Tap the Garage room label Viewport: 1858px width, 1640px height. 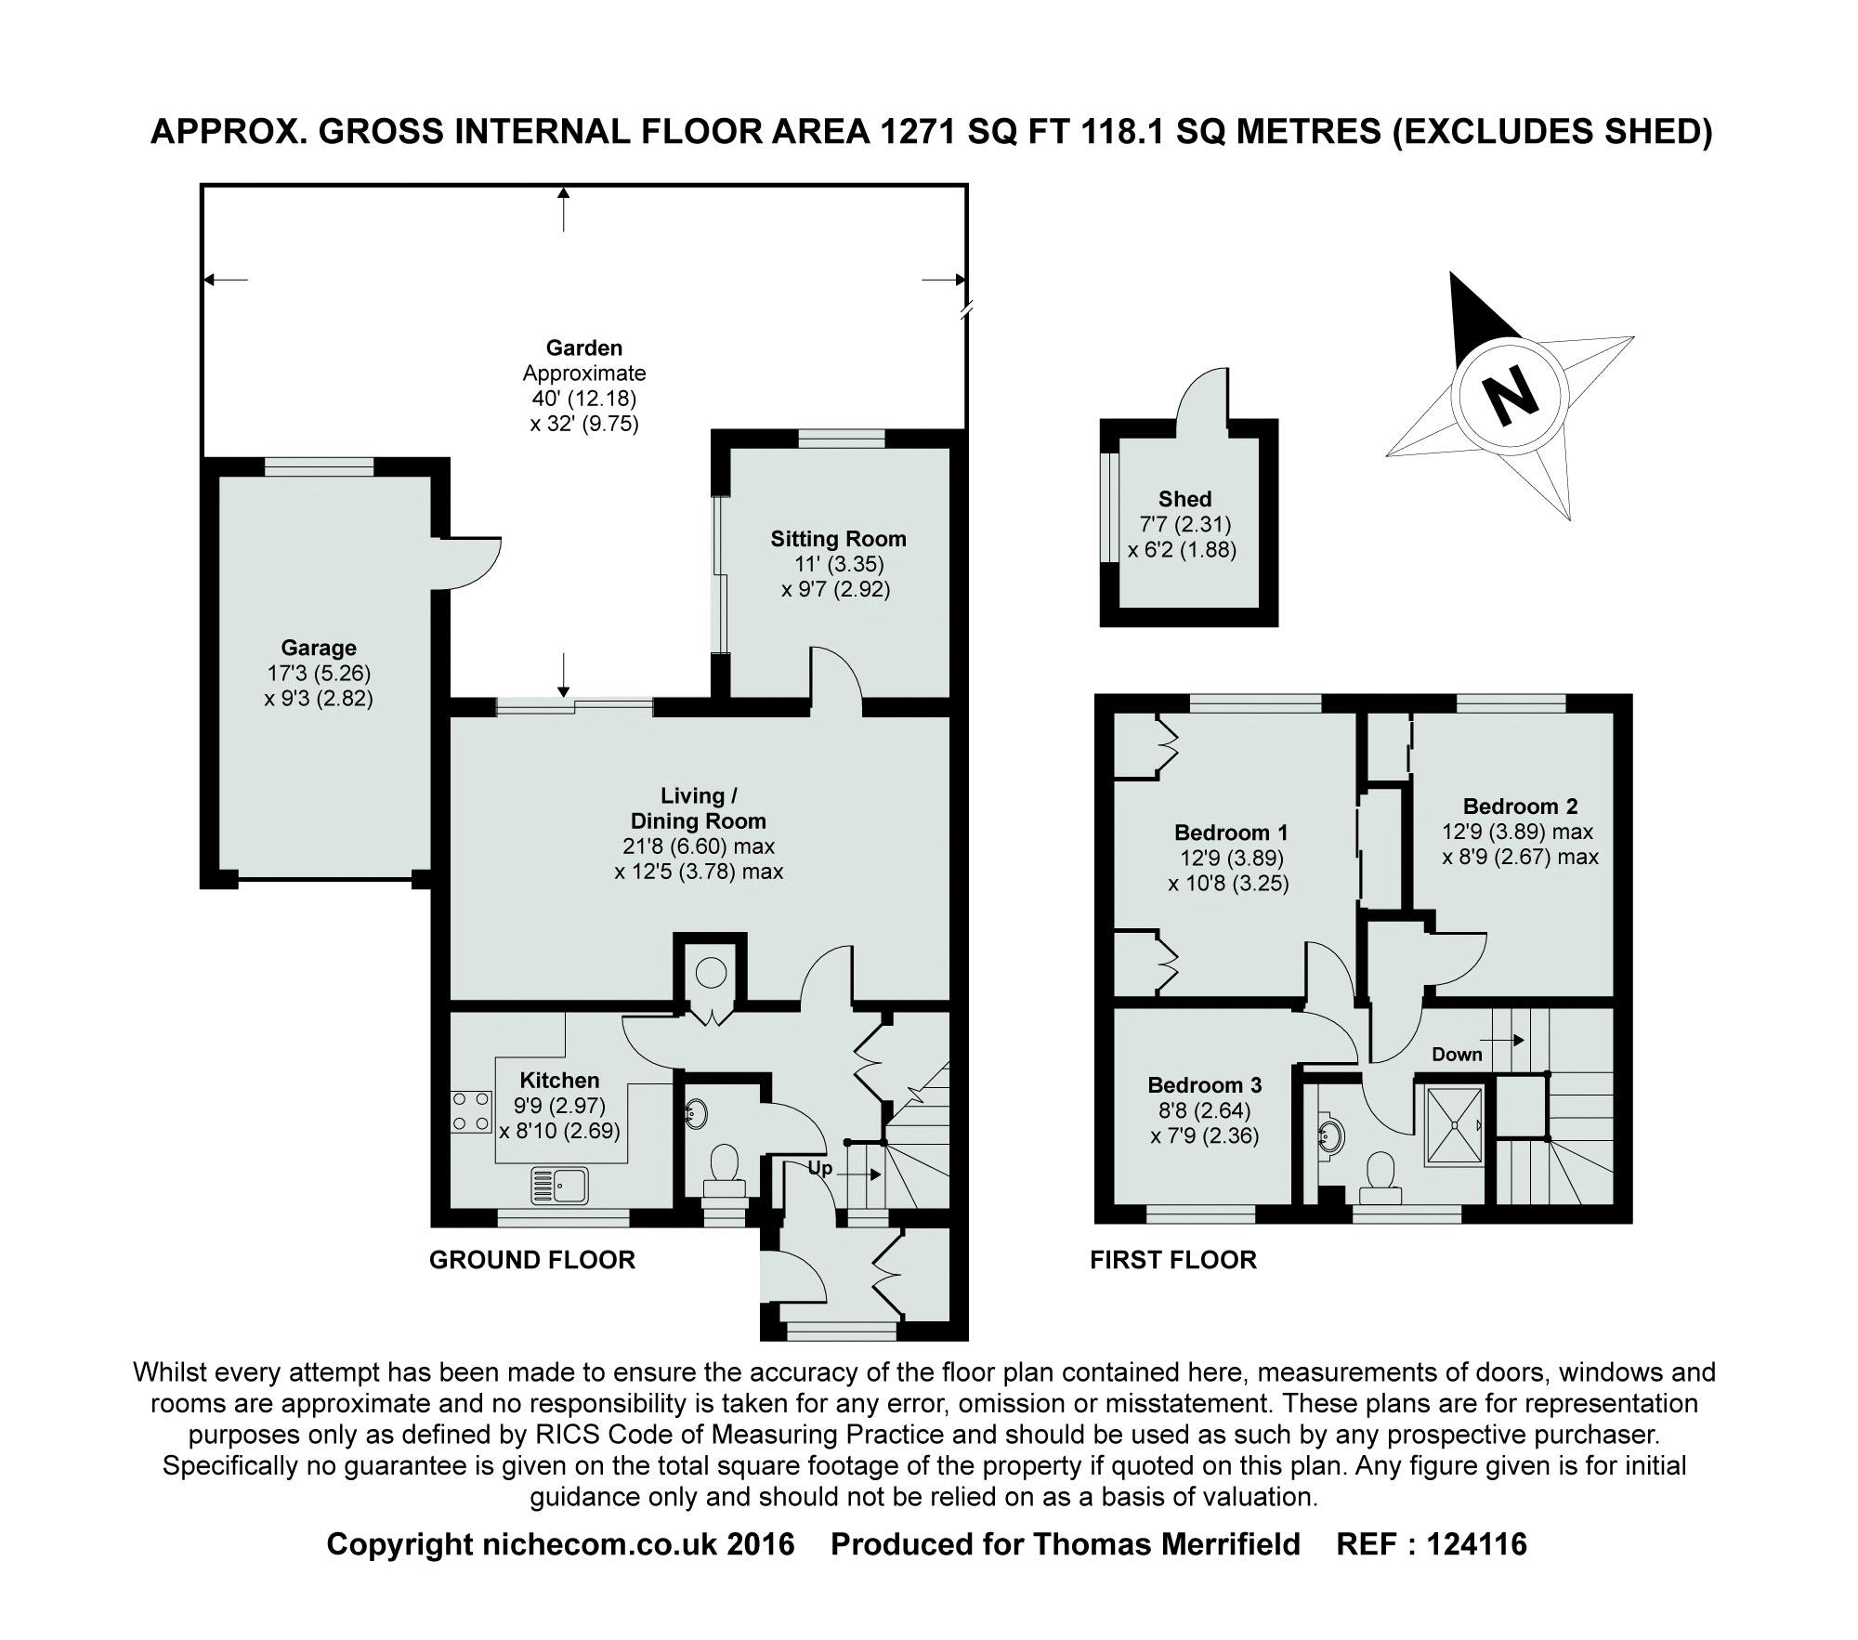click(319, 648)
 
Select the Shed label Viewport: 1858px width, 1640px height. click(1184, 499)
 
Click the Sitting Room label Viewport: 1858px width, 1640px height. click(838, 539)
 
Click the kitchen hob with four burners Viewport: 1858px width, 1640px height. click(471, 1111)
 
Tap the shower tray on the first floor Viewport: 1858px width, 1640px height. click(1455, 1125)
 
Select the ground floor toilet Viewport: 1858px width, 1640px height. click(725, 1172)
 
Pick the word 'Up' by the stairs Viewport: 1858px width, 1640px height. click(819, 1168)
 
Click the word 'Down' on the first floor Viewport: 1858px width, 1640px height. click(1457, 1054)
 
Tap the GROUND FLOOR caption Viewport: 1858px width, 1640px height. click(532, 1260)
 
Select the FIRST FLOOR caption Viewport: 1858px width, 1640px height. click(1173, 1260)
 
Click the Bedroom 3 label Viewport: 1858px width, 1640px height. click(1204, 1085)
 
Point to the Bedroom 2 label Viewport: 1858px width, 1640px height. click(1520, 807)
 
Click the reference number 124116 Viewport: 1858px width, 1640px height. click(1476, 1544)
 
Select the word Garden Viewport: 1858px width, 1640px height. click(584, 348)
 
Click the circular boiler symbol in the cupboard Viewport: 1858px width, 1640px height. click(711, 973)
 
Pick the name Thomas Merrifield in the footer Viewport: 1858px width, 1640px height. click(1166, 1544)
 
